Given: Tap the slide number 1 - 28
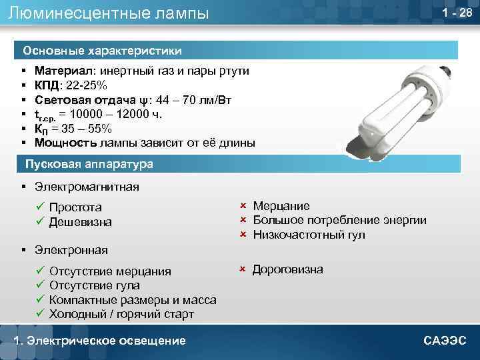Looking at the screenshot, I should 457,13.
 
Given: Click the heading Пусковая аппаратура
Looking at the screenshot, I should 89,164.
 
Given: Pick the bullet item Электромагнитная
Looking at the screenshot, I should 87,187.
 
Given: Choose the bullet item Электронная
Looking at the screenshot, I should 71,250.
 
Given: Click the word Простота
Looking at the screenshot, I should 75,207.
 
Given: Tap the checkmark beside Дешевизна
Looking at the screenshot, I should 40,221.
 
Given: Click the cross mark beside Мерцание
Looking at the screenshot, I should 243,206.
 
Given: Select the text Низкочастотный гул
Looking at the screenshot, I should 309,235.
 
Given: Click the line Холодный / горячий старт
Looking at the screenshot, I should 121,313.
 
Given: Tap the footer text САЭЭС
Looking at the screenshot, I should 445,341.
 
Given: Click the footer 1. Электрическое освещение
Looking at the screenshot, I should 100,341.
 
